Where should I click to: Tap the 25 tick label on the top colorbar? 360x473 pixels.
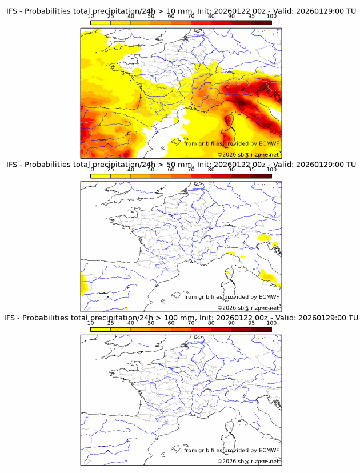(110, 16)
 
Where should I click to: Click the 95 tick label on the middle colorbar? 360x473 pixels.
(251, 170)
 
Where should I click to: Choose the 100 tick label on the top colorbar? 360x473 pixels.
(271, 16)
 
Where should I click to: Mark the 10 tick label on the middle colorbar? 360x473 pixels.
(90, 170)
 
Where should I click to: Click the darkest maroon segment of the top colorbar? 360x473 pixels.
(261, 22)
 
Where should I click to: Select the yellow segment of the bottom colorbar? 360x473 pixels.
(101, 330)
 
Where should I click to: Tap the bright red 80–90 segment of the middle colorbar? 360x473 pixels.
(221, 176)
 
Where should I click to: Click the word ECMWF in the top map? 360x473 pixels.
(269, 143)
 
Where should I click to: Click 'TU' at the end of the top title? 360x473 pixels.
(350, 11)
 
